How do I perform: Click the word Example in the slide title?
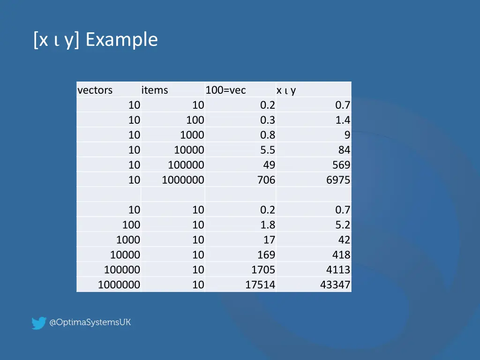coord(122,40)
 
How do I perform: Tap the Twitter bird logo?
coord(38,323)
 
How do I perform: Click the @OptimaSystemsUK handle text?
coord(90,322)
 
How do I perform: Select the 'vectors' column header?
coord(95,90)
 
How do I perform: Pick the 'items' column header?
coord(155,90)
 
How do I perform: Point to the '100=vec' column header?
coord(225,90)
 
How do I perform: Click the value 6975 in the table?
coord(338,180)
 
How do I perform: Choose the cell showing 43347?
coord(335,285)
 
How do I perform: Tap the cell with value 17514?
coord(260,285)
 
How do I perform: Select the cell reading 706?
coord(266,180)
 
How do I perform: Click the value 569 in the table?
coord(341,165)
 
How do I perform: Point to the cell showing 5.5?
coord(268,150)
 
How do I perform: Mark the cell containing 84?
coord(345,150)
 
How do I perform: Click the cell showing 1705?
coord(263,270)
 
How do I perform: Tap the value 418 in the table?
coord(341,255)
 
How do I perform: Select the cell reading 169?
coord(266,255)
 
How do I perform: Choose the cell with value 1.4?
coord(343,120)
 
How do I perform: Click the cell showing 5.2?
coord(343,225)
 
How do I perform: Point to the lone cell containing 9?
coord(347,135)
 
